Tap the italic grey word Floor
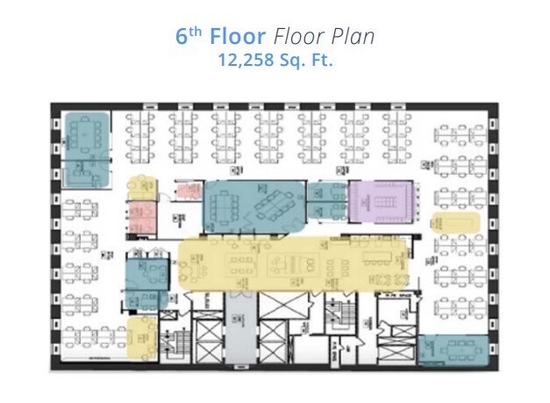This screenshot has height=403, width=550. coord(297,39)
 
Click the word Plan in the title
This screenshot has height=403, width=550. coord(353,39)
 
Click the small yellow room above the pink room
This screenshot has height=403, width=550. coord(141,187)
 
